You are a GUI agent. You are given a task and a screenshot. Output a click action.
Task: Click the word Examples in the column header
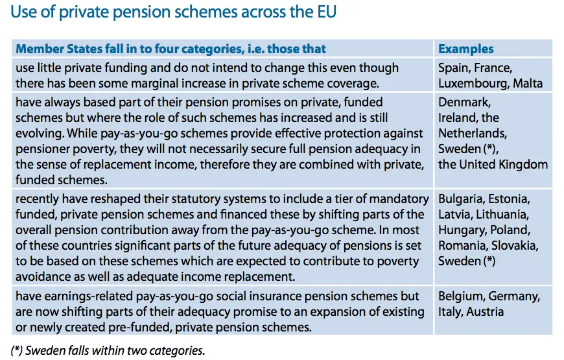(465, 49)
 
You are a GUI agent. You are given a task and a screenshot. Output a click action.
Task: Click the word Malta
(528, 83)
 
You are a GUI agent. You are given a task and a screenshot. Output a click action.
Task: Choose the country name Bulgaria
(460, 198)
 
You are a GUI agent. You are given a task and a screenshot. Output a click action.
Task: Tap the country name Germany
(515, 296)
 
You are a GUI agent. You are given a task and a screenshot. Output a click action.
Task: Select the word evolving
(38, 134)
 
